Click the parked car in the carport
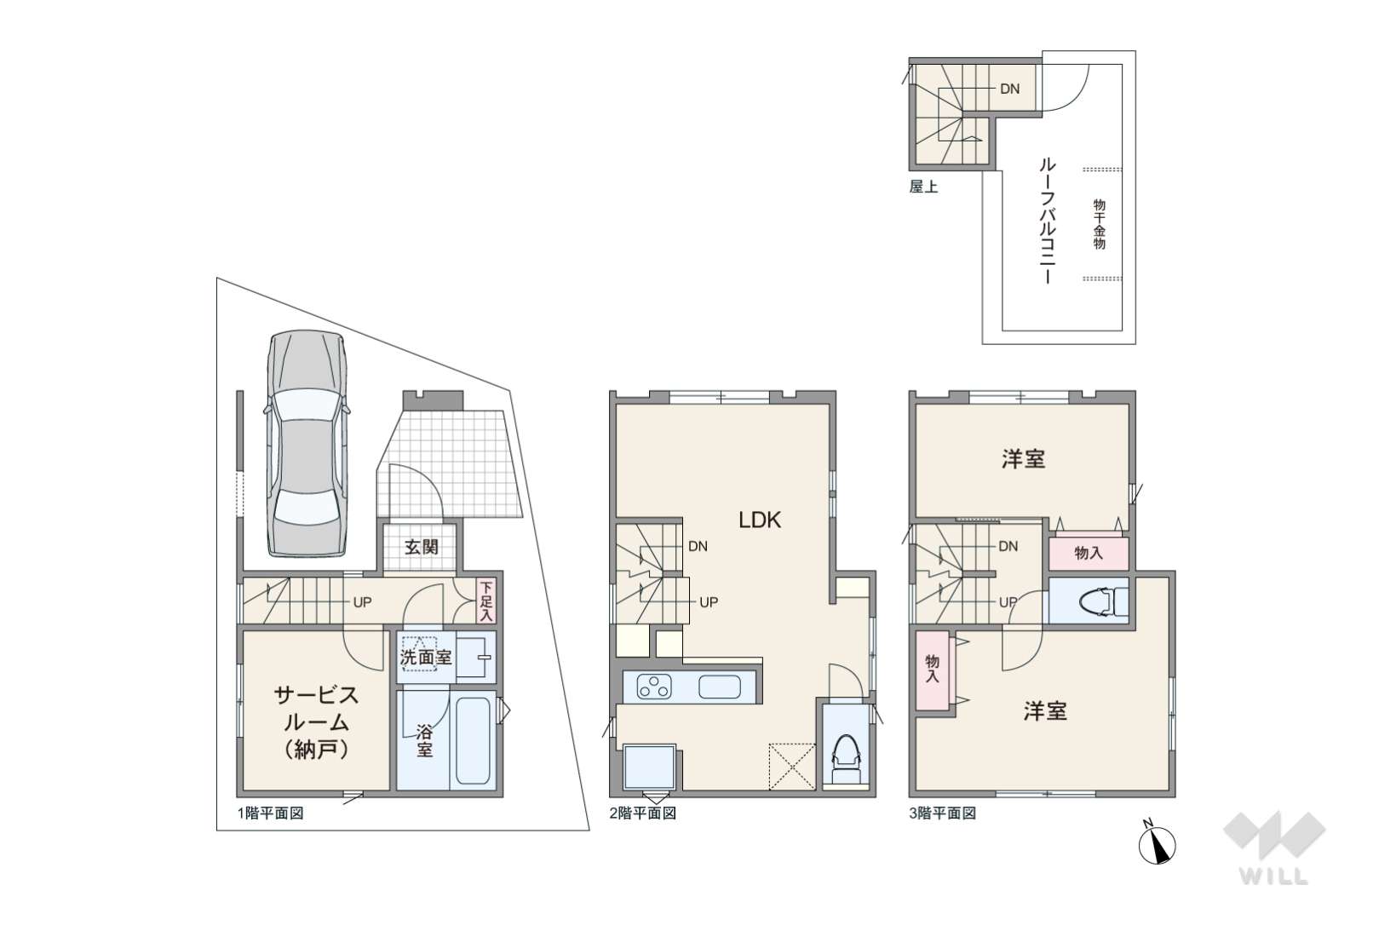307,443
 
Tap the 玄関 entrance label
422,547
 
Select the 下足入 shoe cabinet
486,601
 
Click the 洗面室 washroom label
426,657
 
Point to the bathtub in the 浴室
473,740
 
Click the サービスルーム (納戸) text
316,722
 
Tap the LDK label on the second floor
759,520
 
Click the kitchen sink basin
720,687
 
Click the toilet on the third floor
1103,601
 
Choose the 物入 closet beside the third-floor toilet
1089,553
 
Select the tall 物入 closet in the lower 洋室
932,670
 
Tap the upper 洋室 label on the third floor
1023,459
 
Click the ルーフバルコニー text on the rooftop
1048,221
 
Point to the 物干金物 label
1100,224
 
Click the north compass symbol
1157,844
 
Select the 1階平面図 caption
271,813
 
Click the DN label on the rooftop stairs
1009,89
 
